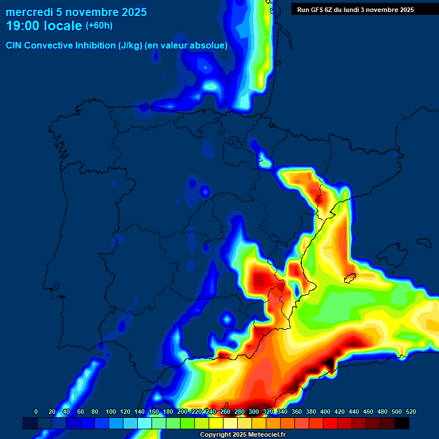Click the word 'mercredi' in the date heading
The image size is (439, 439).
coord(30,12)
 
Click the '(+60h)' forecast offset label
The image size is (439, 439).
coord(99,26)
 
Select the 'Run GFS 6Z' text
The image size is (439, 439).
coord(316,10)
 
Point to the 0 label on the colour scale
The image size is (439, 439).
coord(36,412)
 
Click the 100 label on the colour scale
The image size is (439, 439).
coord(111,412)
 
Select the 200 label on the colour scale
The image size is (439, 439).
coord(182,412)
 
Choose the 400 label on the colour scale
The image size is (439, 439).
coord(325,412)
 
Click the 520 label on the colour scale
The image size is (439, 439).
coord(410,412)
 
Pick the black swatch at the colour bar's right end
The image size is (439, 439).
coord(402,423)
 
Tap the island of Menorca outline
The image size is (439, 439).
coord(426,240)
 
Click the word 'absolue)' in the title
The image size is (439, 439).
coord(209,45)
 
